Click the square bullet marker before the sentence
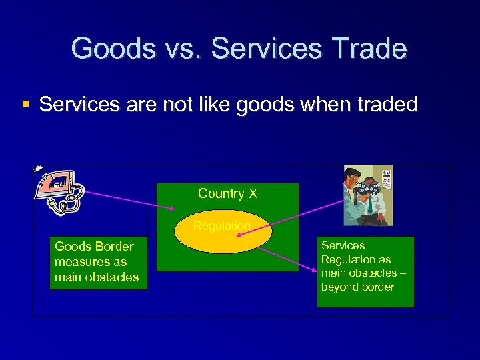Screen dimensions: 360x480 26,104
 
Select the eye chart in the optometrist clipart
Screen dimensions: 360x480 384,180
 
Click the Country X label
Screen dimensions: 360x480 227,194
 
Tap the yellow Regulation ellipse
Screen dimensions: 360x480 223,233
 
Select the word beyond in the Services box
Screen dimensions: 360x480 338,287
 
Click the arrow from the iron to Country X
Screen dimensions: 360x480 130,201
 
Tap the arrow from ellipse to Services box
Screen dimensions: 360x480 287,259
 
